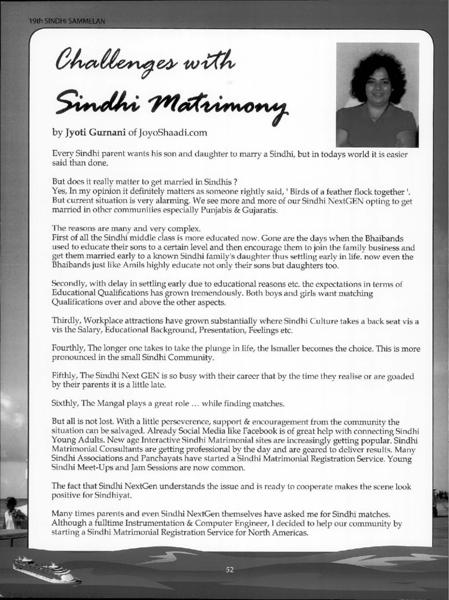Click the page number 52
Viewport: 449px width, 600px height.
[x=230, y=569]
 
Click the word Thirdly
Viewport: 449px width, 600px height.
[x=66, y=321]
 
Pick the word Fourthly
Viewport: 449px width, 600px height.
[x=70, y=349]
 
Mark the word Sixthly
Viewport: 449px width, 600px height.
[x=66, y=403]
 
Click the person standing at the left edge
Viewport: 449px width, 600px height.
[x=12, y=513]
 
